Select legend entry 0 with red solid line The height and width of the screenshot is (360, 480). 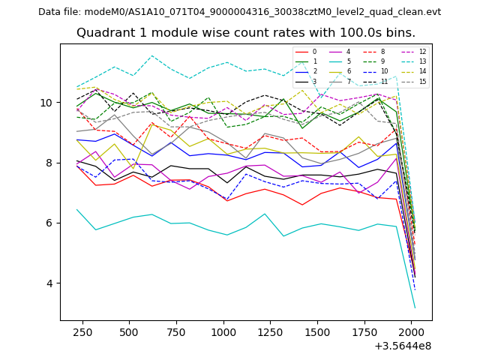(314, 52)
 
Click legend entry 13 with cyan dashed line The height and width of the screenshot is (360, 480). (422, 61)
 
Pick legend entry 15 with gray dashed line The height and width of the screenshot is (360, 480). (422, 81)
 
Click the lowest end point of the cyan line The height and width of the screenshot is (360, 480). (415, 308)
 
